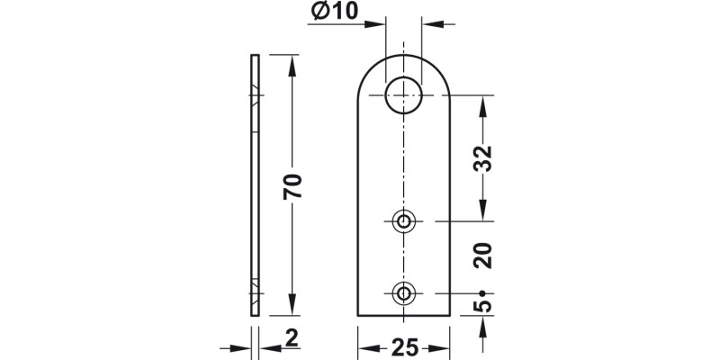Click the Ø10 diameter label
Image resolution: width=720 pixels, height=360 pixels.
335,12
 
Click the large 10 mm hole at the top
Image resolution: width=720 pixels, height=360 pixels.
404,94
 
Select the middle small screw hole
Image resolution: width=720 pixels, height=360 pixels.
404,220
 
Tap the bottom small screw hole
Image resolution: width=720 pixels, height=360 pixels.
404,292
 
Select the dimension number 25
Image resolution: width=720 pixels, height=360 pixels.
404,347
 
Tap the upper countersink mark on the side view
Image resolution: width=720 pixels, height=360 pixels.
256,95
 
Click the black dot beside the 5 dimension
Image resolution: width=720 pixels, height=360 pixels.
483,292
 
